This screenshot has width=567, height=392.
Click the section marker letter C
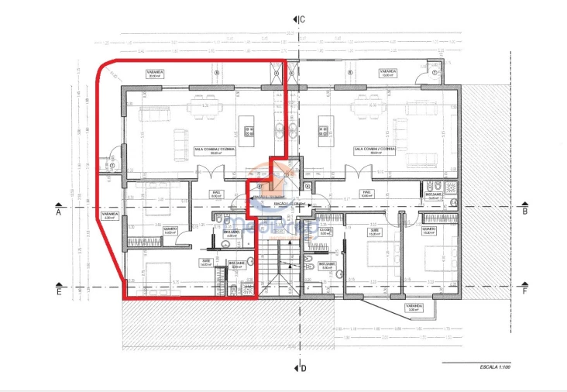[303, 19]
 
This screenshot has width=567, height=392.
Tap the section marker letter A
[58, 210]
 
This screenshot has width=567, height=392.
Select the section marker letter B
[524, 210]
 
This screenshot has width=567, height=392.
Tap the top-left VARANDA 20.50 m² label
[159, 74]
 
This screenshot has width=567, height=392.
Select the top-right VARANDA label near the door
[389, 74]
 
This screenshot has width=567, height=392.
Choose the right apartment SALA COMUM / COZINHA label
[375, 150]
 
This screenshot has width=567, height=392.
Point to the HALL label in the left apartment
[218, 194]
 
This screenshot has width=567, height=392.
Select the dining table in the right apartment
[369, 111]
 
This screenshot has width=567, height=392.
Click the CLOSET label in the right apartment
[326, 231]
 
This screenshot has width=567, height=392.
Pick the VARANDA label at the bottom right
[414, 308]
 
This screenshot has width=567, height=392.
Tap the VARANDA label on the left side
[109, 215]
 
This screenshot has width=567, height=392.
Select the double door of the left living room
[208, 171]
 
